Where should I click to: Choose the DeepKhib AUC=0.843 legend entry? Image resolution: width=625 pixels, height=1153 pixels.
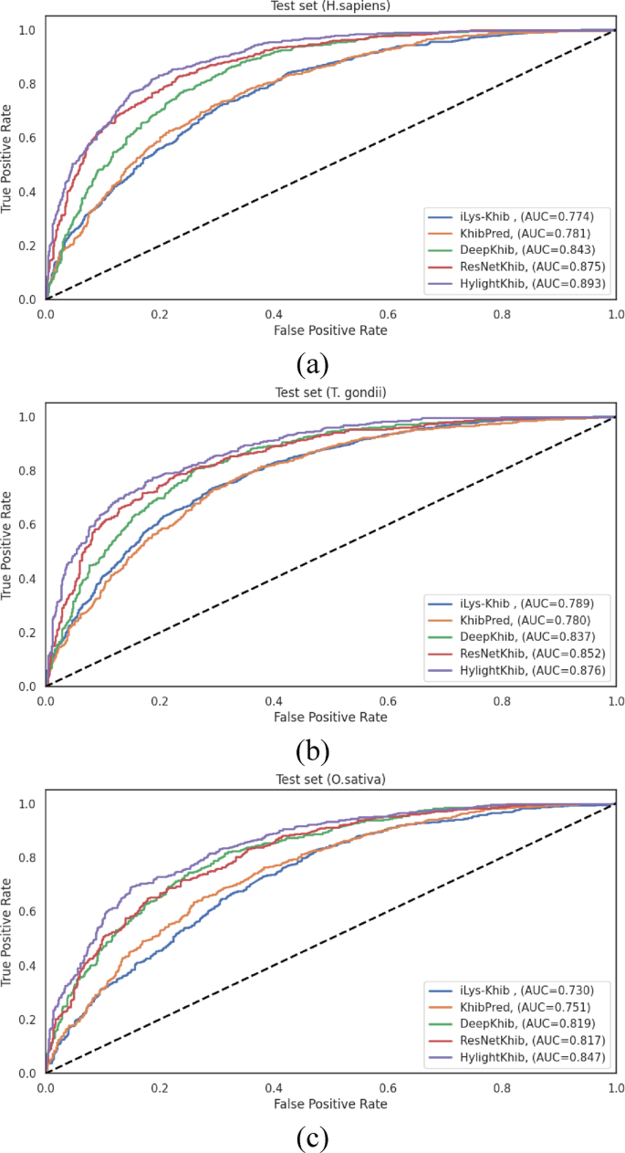coord(516,251)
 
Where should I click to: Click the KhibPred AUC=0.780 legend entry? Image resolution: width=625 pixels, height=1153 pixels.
coord(516,621)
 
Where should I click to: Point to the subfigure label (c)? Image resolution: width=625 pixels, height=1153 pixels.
coord(312,1137)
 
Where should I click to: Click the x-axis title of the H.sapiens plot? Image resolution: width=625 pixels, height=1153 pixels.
coord(330,330)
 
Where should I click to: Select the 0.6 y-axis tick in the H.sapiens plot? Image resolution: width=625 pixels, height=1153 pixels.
coord(31,138)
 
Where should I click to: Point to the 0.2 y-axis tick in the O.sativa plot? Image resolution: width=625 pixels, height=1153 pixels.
coord(31,1019)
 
